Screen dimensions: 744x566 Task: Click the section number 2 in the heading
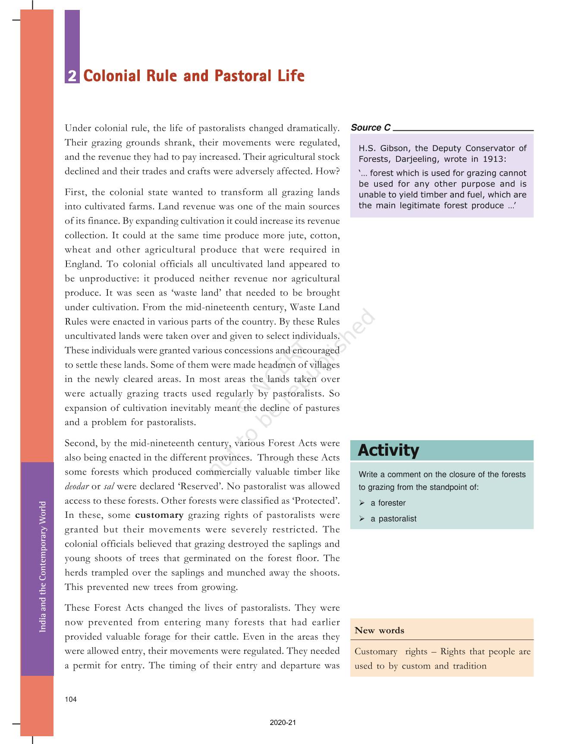(x=72, y=76)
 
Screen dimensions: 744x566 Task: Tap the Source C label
(x=371, y=128)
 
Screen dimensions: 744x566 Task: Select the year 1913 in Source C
(x=494, y=159)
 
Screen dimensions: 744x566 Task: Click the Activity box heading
(x=388, y=451)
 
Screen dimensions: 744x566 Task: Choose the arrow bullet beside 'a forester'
(x=362, y=503)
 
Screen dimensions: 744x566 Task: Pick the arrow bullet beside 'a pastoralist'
(x=362, y=519)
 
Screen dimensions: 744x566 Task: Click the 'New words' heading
(x=379, y=631)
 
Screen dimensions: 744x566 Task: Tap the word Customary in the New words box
(x=376, y=652)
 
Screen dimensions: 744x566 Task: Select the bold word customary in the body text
(x=159, y=515)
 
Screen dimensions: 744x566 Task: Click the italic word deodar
(x=77, y=487)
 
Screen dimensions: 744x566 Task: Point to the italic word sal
(x=109, y=487)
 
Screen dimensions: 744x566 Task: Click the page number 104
(x=71, y=700)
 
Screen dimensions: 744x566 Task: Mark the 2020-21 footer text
(x=283, y=723)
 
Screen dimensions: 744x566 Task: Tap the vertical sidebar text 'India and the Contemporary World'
(x=43, y=567)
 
